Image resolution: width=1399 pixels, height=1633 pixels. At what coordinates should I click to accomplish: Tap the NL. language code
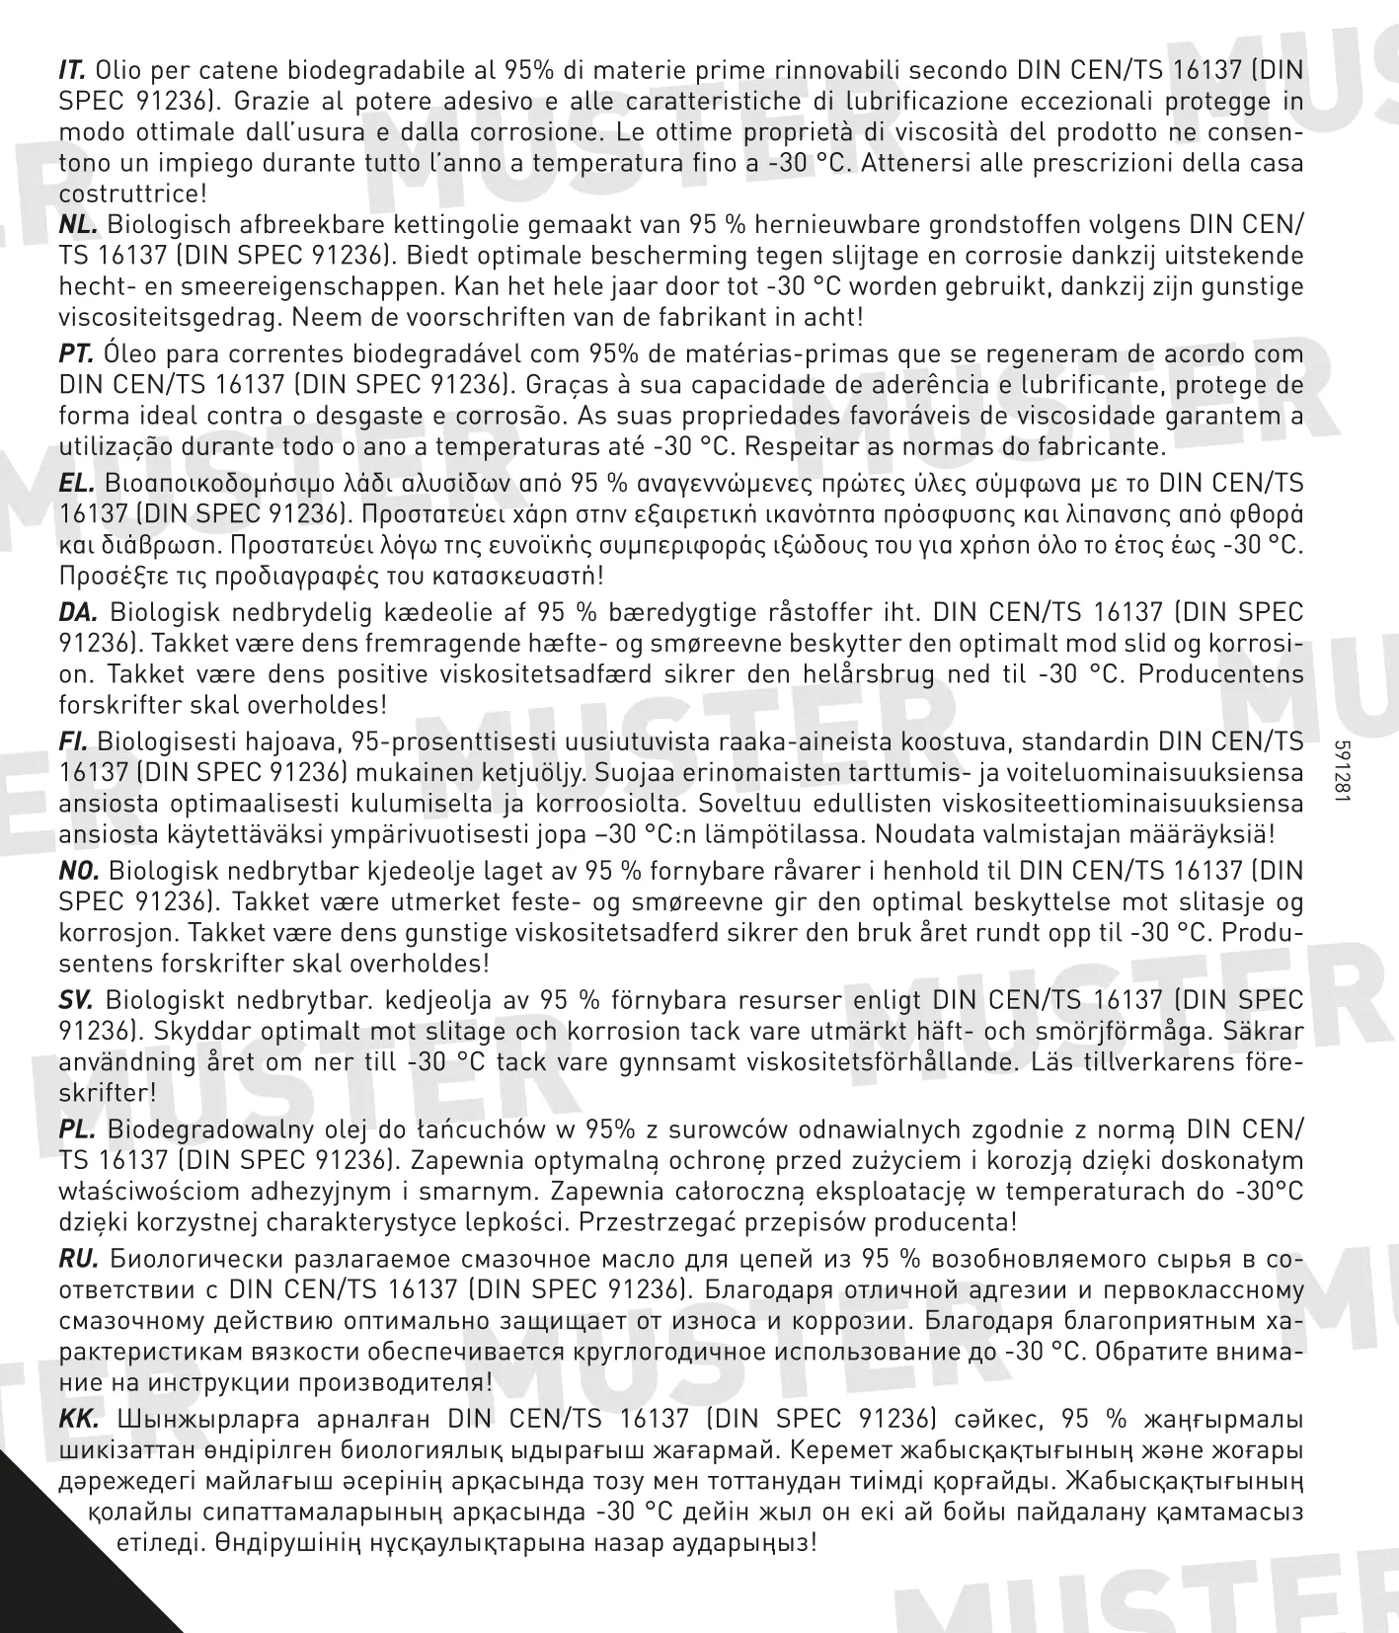(x=77, y=225)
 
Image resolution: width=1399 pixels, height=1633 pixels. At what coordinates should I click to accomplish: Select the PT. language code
(x=76, y=353)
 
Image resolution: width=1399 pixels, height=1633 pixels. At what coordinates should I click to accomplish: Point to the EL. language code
(x=76, y=483)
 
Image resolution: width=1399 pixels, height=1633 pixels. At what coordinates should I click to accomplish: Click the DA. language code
(x=78, y=612)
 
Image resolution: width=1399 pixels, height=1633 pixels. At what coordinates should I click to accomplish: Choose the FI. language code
(x=73, y=741)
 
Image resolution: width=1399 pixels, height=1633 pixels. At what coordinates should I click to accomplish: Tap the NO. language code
(x=79, y=871)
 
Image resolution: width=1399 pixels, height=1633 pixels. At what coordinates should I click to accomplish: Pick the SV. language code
(x=76, y=1000)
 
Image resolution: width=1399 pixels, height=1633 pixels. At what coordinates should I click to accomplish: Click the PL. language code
(x=76, y=1129)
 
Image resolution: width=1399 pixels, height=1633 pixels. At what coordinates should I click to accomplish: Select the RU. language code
(x=78, y=1259)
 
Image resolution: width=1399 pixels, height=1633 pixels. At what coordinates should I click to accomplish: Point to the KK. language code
(x=79, y=1419)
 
